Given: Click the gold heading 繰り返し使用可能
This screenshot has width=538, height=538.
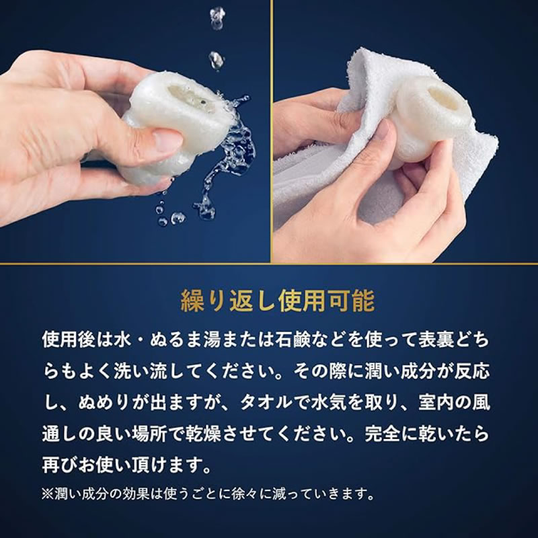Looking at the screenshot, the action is pos(278,301).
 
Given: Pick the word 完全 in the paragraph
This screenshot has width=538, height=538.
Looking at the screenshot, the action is pos(382,434).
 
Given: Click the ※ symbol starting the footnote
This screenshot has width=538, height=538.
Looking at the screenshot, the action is pos(48,494).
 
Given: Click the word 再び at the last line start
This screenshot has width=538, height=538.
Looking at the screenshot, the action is pos(61,465).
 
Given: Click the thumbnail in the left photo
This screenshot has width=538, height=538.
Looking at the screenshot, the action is pos(168,140).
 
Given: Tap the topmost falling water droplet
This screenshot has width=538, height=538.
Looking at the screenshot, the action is pos(217,18).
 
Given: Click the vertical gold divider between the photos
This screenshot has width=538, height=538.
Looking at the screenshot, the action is pos(272,132).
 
